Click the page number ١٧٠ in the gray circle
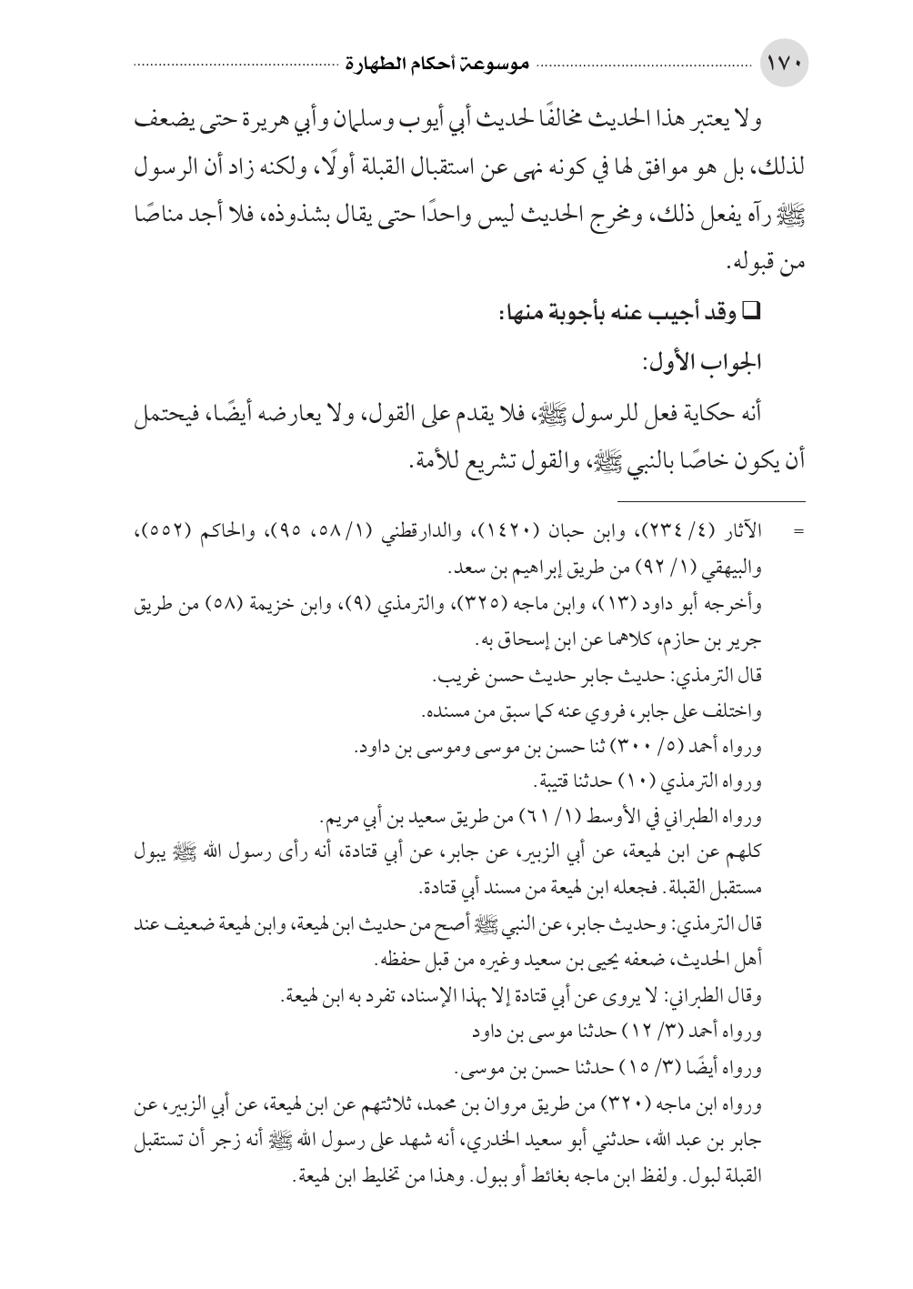pos(783,66)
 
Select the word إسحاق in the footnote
pos(512,640)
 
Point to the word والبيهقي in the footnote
pos(732,570)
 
